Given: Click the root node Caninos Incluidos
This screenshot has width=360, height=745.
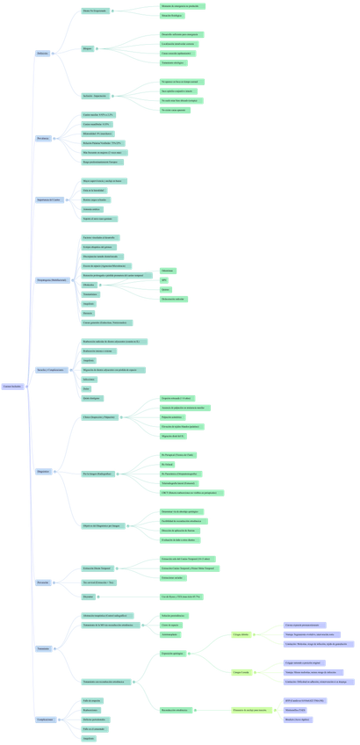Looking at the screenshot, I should click(13, 386).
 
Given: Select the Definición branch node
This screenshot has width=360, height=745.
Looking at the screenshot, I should click(43, 53).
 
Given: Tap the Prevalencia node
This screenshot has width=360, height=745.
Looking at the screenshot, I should click(43, 139).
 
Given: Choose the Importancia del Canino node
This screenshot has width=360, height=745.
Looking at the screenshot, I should click(49, 199).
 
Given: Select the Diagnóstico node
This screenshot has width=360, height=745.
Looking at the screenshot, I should click(44, 472).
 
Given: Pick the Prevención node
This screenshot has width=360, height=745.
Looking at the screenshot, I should click(43, 582).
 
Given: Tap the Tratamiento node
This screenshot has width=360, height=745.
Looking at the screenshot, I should click(44, 648).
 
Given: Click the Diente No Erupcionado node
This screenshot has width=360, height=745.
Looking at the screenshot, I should click(94, 11).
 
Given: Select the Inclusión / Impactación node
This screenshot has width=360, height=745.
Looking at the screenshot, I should click(97, 95).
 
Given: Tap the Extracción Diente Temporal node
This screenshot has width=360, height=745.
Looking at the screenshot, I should click(97, 568).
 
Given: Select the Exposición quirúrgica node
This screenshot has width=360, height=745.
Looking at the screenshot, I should click(172, 654).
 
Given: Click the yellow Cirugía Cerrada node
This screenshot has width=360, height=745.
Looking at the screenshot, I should click(242, 672).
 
